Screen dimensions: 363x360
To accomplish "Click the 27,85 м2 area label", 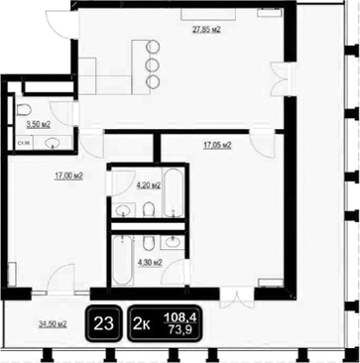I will pos(205,30).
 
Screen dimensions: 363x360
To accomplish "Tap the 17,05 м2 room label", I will pos(216,145).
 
